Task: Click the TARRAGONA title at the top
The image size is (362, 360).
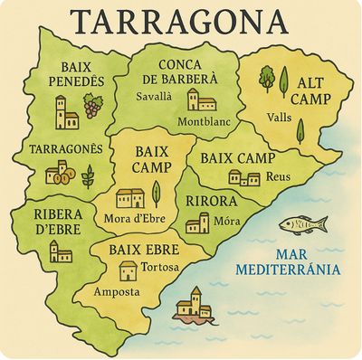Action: [x=181, y=20]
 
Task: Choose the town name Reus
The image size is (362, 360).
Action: [x=279, y=177]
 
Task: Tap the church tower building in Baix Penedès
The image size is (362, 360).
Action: [x=67, y=113]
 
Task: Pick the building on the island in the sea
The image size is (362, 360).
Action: [x=194, y=305]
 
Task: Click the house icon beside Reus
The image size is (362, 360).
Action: [x=244, y=177]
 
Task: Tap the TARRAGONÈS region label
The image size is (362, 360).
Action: [x=58, y=147]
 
